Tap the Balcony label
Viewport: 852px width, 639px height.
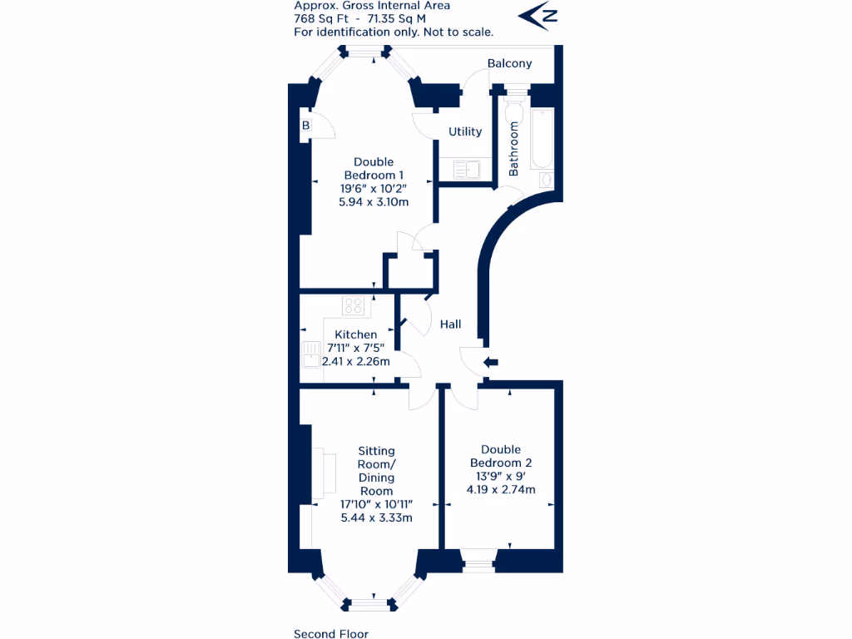point(509,63)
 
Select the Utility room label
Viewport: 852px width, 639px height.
point(465,131)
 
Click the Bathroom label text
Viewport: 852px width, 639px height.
point(513,149)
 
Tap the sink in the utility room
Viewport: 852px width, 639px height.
point(466,170)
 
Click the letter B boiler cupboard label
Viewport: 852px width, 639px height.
point(305,126)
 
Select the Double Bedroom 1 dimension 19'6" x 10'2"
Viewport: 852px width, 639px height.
point(374,189)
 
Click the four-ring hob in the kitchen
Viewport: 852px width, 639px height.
point(355,306)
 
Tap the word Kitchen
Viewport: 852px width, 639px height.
point(355,334)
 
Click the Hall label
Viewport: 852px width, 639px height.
point(450,324)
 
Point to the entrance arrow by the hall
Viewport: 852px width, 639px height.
point(490,362)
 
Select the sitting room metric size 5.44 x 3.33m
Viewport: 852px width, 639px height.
point(377,518)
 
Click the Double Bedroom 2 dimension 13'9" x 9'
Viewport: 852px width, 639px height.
point(501,476)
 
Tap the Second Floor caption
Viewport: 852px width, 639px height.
point(330,634)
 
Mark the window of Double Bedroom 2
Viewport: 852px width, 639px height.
point(478,564)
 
